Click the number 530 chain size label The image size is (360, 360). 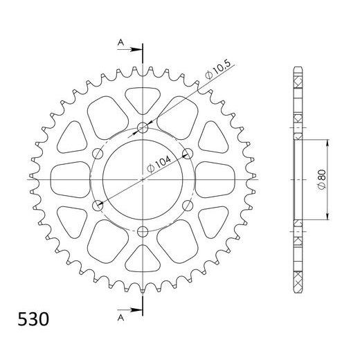[x=29, y=321]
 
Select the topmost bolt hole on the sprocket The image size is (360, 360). [x=143, y=127]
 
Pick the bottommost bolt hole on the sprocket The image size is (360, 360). [x=143, y=231]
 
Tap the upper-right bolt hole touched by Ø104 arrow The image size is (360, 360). [x=188, y=153]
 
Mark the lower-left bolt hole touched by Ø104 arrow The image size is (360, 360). [x=98, y=205]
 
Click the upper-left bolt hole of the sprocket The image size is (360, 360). [x=98, y=153]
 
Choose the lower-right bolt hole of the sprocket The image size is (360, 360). [x=188, y=205]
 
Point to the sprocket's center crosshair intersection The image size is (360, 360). [x=143, y=179]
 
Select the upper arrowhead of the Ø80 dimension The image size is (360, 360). [x=325, y=141]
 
